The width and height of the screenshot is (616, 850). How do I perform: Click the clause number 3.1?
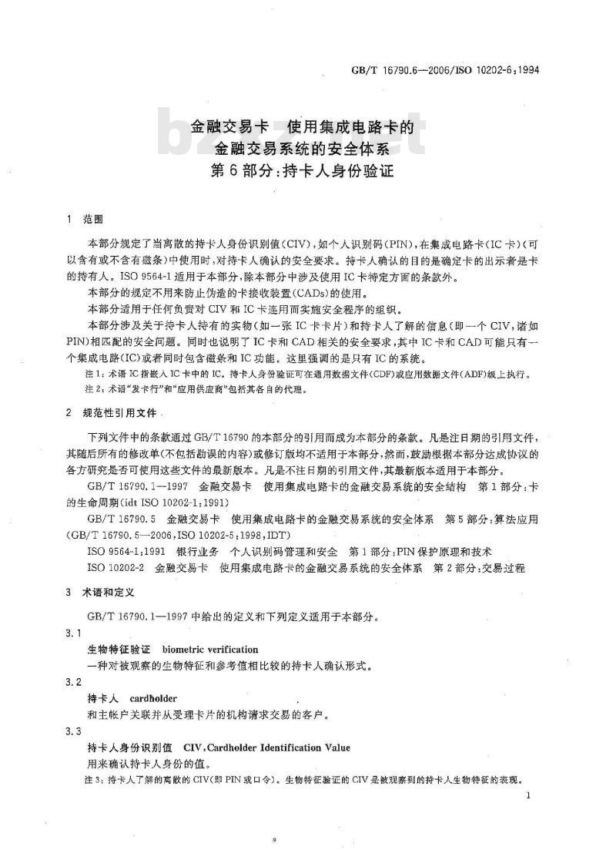[75, 633]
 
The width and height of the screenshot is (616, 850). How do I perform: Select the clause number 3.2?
[75, 683]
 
